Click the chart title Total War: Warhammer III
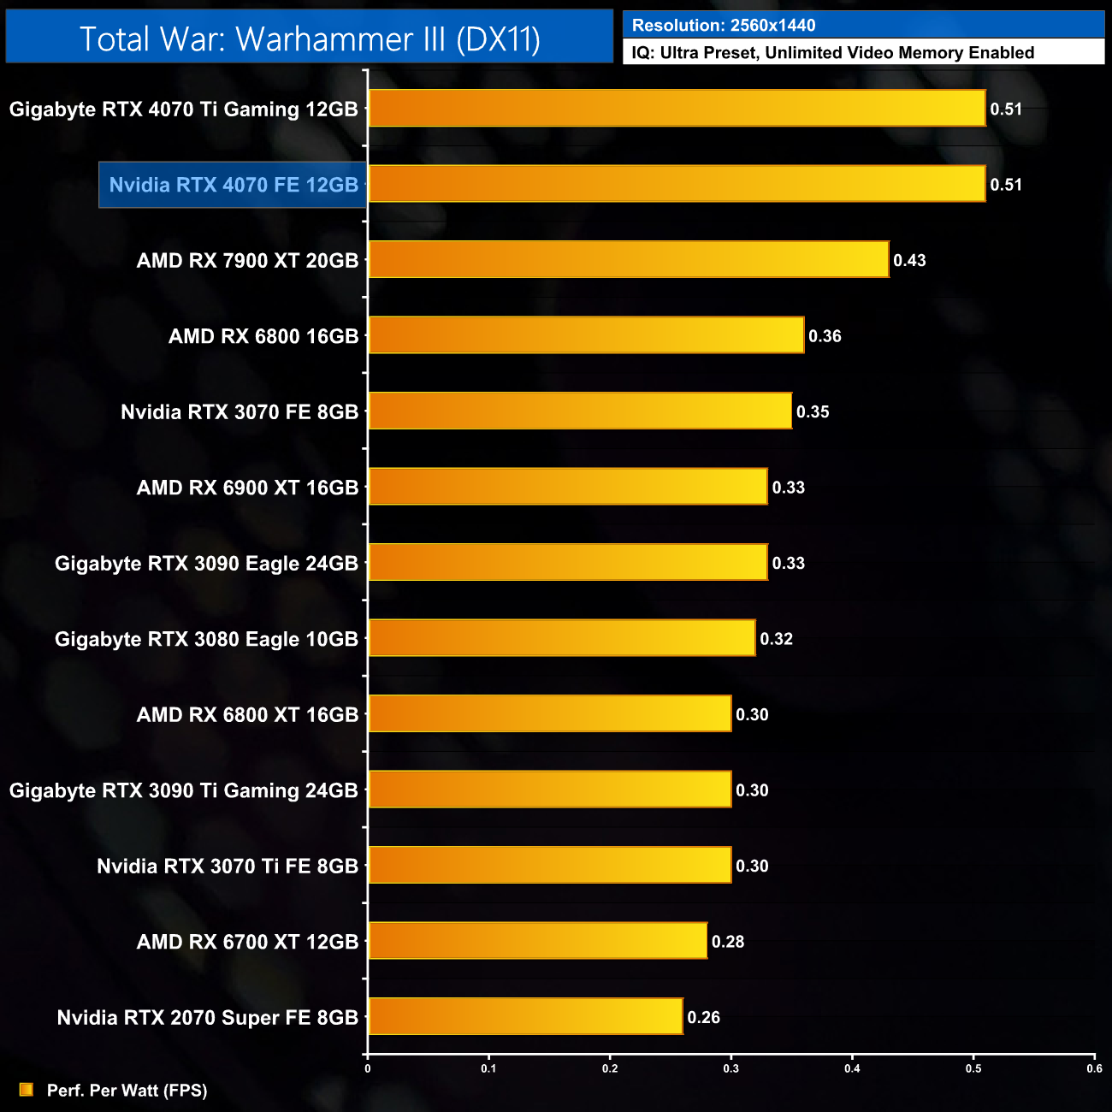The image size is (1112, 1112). click(310, 38)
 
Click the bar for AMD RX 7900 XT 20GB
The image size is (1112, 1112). click(629, 259)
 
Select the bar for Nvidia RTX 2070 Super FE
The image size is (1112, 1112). click(525, 1016)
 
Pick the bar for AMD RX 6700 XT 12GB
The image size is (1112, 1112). click(537, 941)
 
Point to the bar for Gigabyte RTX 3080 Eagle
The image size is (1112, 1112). click(562, 638)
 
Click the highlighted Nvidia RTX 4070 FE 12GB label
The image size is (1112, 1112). click(234, 185)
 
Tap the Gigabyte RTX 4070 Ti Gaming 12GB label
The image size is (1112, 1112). click(183, 109)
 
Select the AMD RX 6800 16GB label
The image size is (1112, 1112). click(263, 336)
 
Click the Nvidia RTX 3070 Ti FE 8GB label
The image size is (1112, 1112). click(228, 866)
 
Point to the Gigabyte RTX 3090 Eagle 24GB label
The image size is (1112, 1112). click(206, 563)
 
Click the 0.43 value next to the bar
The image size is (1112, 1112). click(909, 260)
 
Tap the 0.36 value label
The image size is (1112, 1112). click(825, 336)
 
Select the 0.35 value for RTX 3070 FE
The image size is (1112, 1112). click(813, 411)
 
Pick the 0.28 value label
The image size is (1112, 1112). click(728, 941)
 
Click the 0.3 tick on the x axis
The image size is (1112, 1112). click(731, 1068)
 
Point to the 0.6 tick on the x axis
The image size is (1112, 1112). click(1094, 1068)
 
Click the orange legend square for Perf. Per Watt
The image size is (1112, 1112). click(27, 1090)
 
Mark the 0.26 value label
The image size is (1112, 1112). click(703, 1017)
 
